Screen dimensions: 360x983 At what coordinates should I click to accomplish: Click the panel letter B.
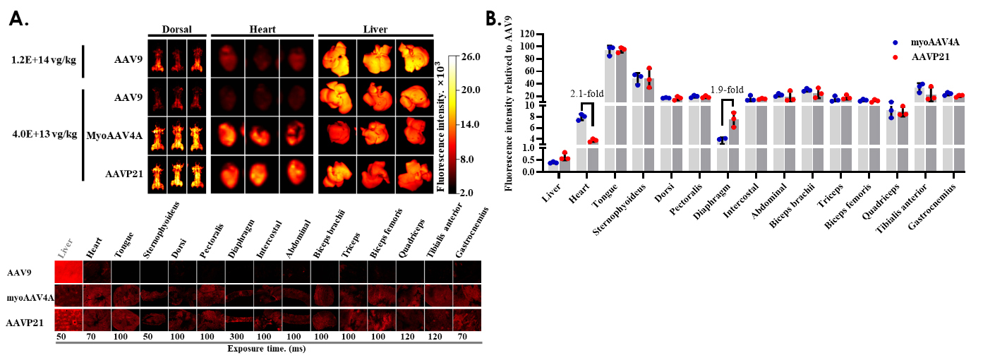(496, 19)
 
